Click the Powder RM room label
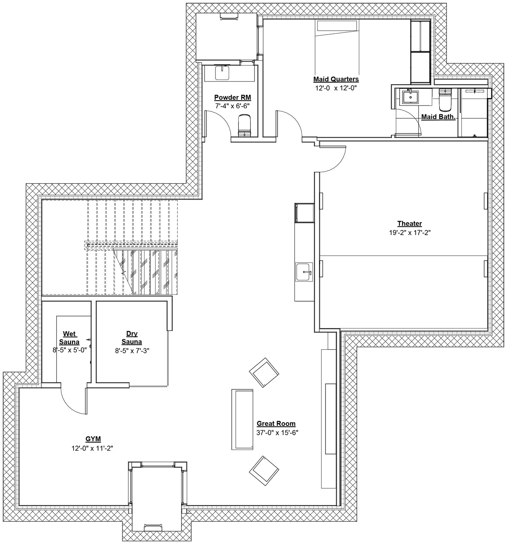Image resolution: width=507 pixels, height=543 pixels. coord(232,97)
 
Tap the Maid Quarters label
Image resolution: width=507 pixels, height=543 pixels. coord(336,79)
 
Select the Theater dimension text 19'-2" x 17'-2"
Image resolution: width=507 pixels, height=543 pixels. coord(410,233)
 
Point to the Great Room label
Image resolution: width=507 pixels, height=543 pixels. coord(276,424)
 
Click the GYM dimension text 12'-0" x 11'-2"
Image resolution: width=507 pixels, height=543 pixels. coord(92,448)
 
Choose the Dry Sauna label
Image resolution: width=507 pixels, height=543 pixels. coord(132,338)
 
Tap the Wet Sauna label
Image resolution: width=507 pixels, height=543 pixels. coord(69,338)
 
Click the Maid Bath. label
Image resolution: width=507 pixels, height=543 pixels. coord(438,117)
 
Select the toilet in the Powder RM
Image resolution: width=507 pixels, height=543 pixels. coord(244,126)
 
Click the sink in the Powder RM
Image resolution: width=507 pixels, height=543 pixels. coord(222,73)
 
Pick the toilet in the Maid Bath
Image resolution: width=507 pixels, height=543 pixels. coord(445,99)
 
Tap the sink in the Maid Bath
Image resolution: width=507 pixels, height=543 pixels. coord(410,97)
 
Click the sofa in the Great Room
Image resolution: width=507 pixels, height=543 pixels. coord(242,419)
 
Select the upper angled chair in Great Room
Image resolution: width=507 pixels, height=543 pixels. coord(264,372)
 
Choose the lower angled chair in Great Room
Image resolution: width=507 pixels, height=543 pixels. coord(264,470)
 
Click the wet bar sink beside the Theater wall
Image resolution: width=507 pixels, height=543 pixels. coord(304,272)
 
